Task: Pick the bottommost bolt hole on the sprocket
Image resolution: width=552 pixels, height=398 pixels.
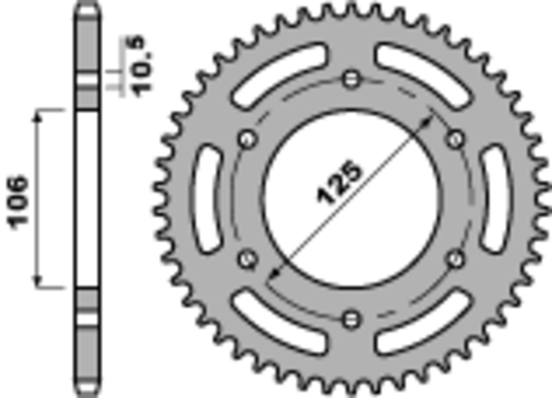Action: (351, 318)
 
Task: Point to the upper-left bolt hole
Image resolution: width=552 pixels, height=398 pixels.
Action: (246, 138)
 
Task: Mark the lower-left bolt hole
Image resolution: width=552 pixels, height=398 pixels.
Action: (246, 258)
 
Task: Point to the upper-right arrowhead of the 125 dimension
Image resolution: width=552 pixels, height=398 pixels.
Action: (429, 121)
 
